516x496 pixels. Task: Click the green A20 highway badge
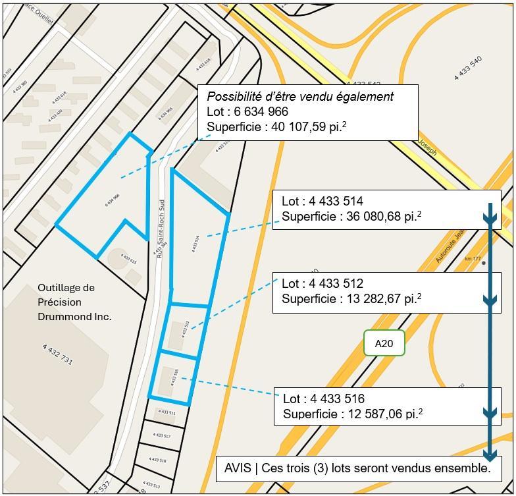pyautogui.click(x=384, y=343)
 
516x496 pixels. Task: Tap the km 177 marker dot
pyautogui.click(x=484, y=263)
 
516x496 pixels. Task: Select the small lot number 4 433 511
pyautogui.click(x=166, y=413)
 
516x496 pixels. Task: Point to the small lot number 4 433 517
pyautogui.click(x=161, y=435)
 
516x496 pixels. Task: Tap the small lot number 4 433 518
pyautogui.click(x=157, y=460)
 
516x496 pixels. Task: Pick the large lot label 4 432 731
pyautogui.click(x=58, y=354)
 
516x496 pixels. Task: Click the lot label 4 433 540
pyautogui.click(x=468, y=69)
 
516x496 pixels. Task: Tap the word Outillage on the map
pyautogui.click(x=66, y=288)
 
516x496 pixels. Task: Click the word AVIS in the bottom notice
pyautogui.click(x=237, y=468)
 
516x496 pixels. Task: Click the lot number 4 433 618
pyautogui.click(x=59, y=98)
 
